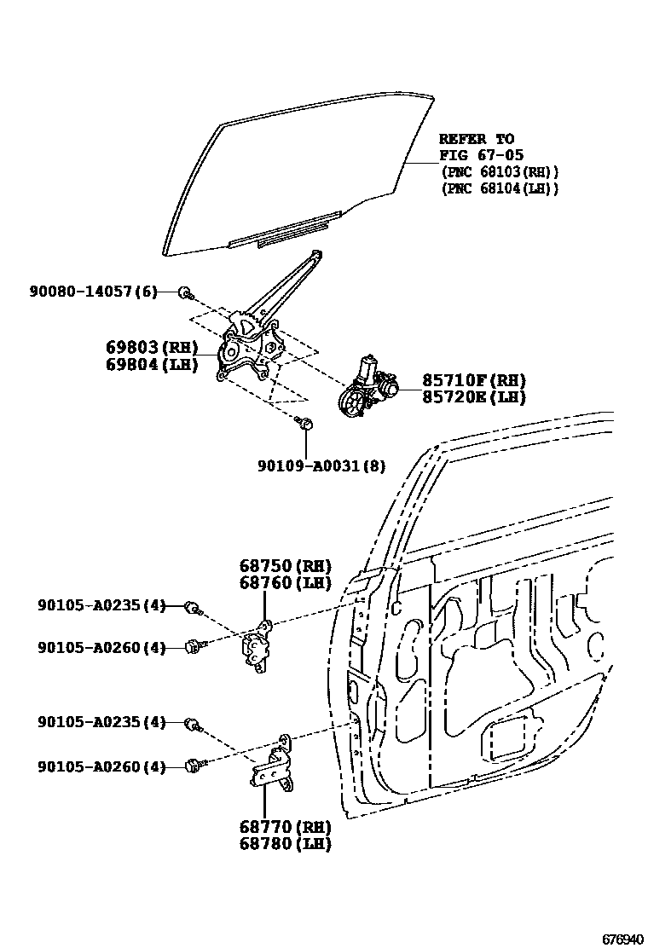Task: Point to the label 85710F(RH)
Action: [x=473, y=380]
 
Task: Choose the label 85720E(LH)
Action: [x=473, y=396]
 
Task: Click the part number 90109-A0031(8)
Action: [x=321, y=465]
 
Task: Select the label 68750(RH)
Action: [x=285, y=566]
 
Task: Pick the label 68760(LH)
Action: [x=285, y=582]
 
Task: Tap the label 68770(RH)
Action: [x=285, y=827]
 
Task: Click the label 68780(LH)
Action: [x=285, y=844]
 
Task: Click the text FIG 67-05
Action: [x=476, y=155]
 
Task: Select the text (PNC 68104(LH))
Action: [x=499, y=188]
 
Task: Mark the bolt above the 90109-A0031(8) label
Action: [x=304, y=421]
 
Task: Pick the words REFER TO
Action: [x=476, y=139]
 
